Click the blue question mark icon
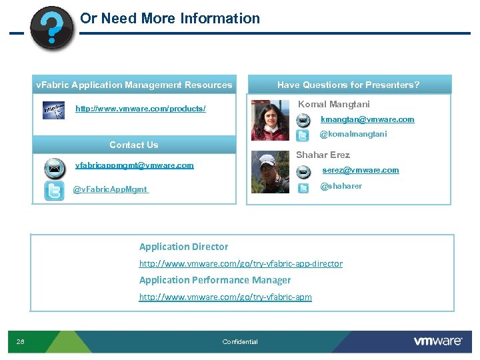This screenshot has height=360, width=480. pos(53,28)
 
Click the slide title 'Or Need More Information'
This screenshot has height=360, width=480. pos(170,19)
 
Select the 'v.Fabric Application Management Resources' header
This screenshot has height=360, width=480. pos(134,85)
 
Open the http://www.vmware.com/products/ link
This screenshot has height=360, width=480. pos(141,108)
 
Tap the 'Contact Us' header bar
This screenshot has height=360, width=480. pos(134,145)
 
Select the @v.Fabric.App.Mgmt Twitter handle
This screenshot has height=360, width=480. pos(111,189)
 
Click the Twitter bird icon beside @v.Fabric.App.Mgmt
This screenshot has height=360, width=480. pos(54,190)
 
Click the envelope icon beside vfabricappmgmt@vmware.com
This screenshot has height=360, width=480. pos(54,167)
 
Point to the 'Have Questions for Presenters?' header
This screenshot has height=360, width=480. pos(349,85)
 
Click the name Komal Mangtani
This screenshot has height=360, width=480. pos(334,104)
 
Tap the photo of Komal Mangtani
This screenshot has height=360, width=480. pos(271,120)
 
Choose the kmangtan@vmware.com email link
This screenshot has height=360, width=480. pos(367,119)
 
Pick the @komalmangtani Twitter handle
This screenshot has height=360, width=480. pos(353,134)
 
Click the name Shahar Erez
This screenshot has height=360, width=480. pos(323,155)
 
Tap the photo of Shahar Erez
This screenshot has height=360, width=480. pos(270,172)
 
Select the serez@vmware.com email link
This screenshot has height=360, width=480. pos(361,170)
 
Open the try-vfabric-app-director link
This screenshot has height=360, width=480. pos(241,264)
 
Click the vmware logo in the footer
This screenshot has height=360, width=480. pos(438,341)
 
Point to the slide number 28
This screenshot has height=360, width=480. pos(21,342)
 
